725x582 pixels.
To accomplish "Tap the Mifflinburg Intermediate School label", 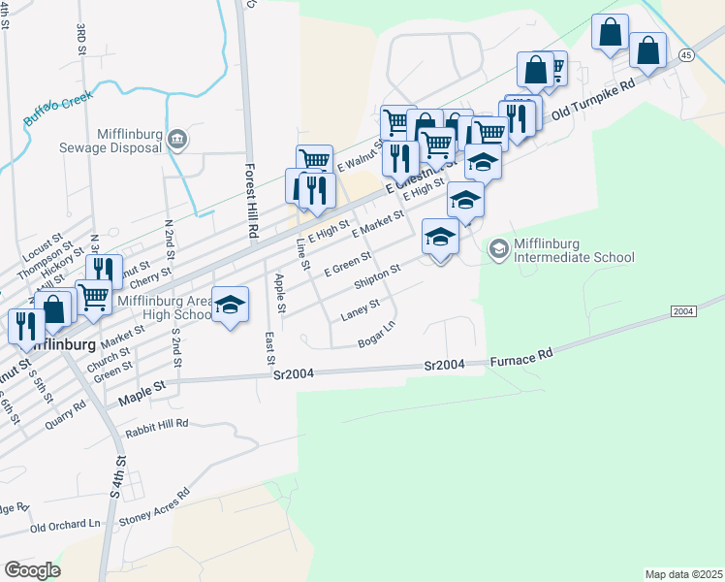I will (574, 250).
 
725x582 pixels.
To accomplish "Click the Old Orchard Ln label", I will (65, 525).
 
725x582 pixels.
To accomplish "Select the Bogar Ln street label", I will (377, 335).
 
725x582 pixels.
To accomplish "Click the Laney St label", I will (360, 310).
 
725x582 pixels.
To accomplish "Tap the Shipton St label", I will (377, 276).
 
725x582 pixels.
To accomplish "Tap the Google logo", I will (32, 570).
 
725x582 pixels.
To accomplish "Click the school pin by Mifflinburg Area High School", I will (230, 305).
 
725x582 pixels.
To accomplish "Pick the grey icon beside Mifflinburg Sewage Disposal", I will (177, 140).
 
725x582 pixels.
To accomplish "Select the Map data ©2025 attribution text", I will (682, 574).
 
